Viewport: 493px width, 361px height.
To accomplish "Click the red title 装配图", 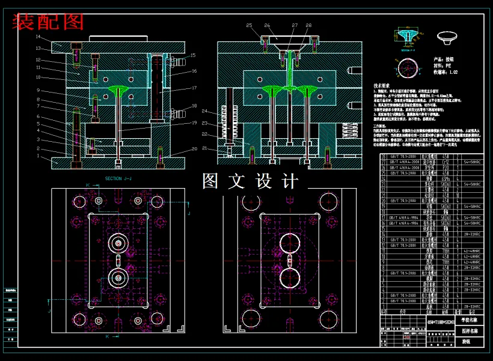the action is [48, 22].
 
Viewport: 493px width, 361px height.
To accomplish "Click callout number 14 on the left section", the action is [37, 37].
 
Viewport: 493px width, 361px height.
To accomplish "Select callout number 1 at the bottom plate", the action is [37, 156].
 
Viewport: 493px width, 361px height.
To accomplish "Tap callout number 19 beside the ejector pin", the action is [194, 123].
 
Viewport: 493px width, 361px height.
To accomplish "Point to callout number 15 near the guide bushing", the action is [193, 55].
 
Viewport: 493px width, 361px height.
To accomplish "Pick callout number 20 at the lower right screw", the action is [194, 149].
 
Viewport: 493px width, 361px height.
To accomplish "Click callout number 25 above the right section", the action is [250, 25].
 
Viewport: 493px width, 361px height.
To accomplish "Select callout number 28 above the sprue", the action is [308, 25].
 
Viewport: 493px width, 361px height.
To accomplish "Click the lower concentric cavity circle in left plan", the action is [118, 278].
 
